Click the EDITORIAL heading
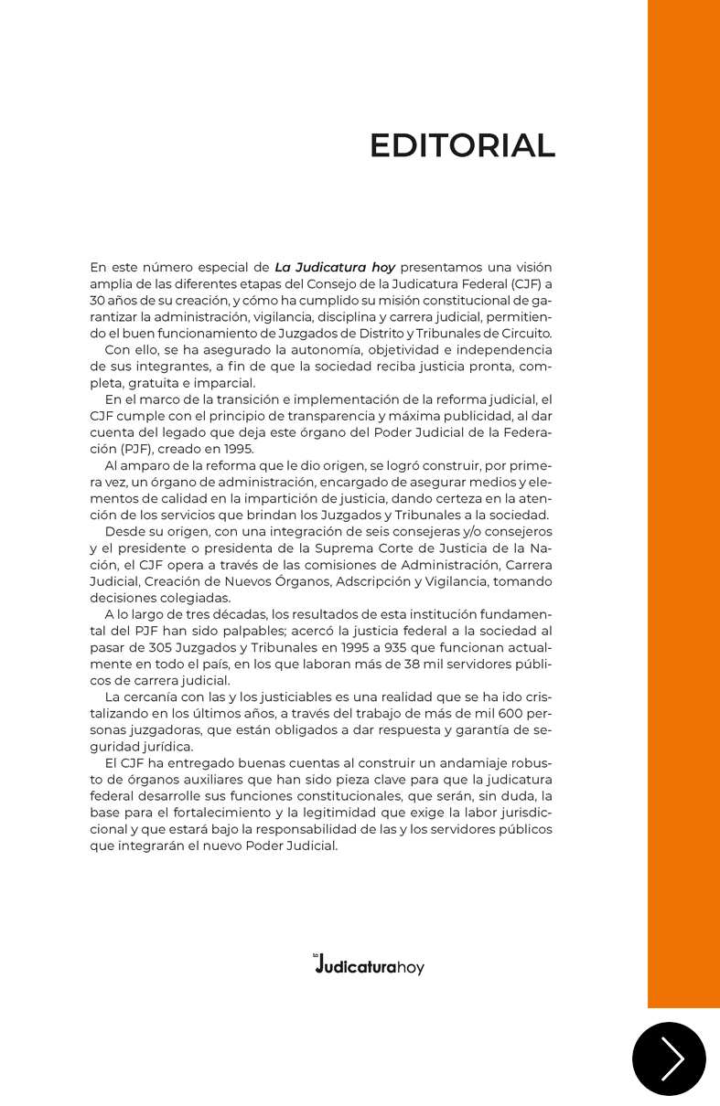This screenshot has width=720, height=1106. point(462,146)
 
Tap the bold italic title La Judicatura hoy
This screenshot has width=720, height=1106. point(335,268)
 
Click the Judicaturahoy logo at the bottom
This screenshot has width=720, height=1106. point(369,965)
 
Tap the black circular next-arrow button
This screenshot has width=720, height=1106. point(669,1058)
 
